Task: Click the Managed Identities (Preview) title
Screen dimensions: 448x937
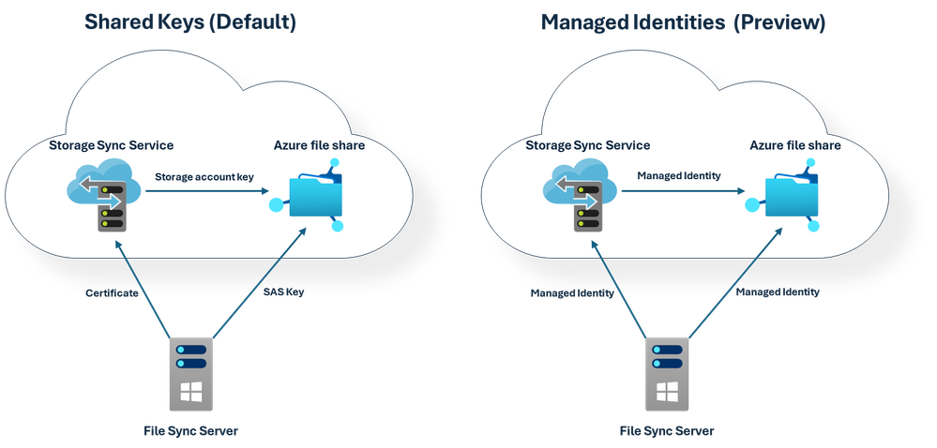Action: [683, 22]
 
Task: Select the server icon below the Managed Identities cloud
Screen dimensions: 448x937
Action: [667, 373]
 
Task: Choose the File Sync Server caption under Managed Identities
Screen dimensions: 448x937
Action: [667, 431]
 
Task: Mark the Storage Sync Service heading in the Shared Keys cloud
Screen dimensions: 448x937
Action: [112, 145]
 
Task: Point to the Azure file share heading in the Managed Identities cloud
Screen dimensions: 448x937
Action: [795, 145]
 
